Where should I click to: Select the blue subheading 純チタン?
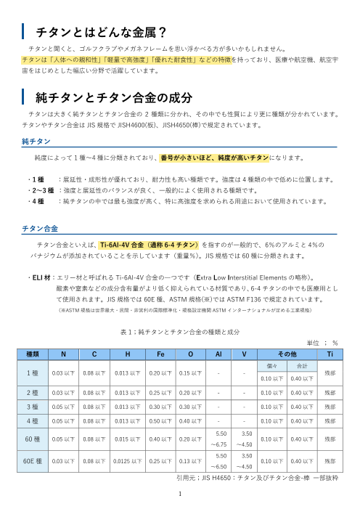36,142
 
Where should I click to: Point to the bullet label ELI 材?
38,277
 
